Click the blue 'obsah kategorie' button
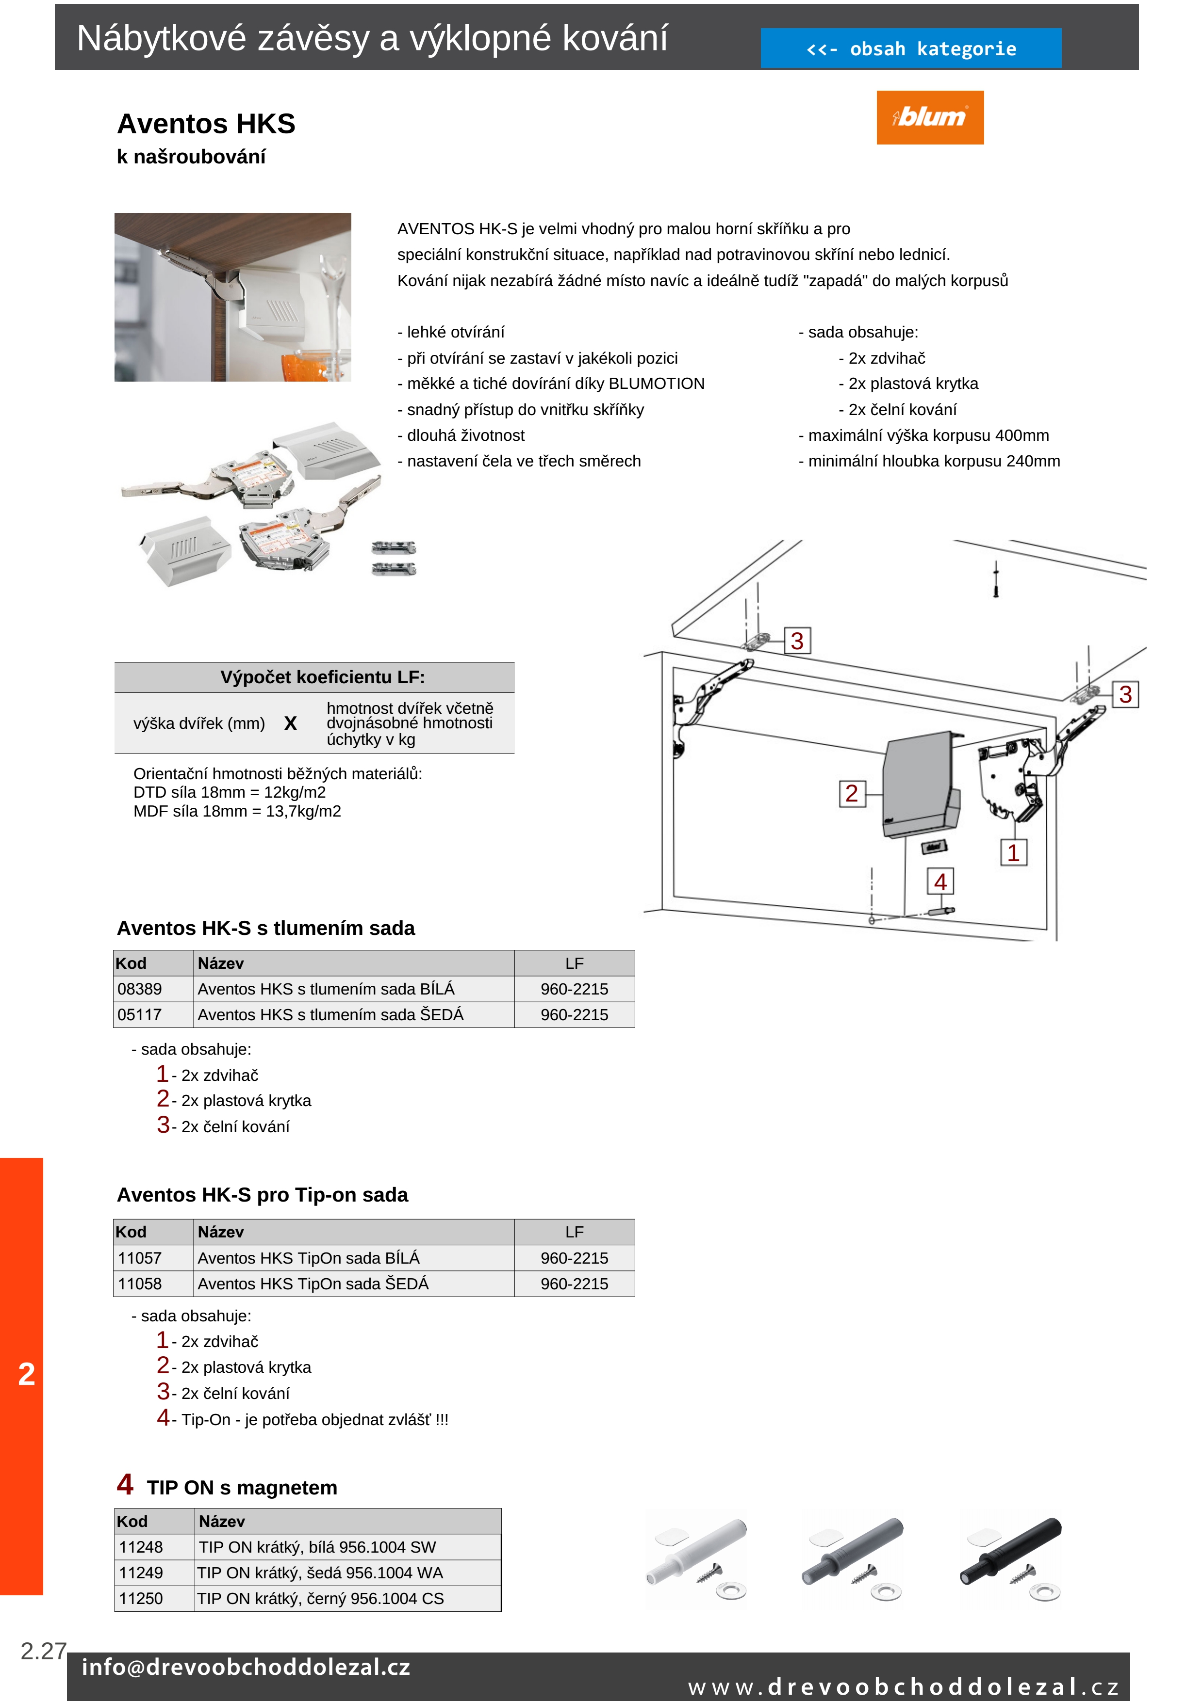click(x=910, y=49)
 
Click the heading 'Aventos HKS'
click(x=206, y=124)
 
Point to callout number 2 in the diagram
click(x=852, y=793)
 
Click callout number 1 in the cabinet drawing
click(x=1013, y=853)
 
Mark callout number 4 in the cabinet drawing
click(x=940, y=882)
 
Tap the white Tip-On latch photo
click(x=697, y=1559)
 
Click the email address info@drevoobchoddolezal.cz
click(x=246, y=1667)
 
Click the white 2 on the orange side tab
click(x=27, y=1374)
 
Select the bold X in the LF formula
click(x=291, y=724)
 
